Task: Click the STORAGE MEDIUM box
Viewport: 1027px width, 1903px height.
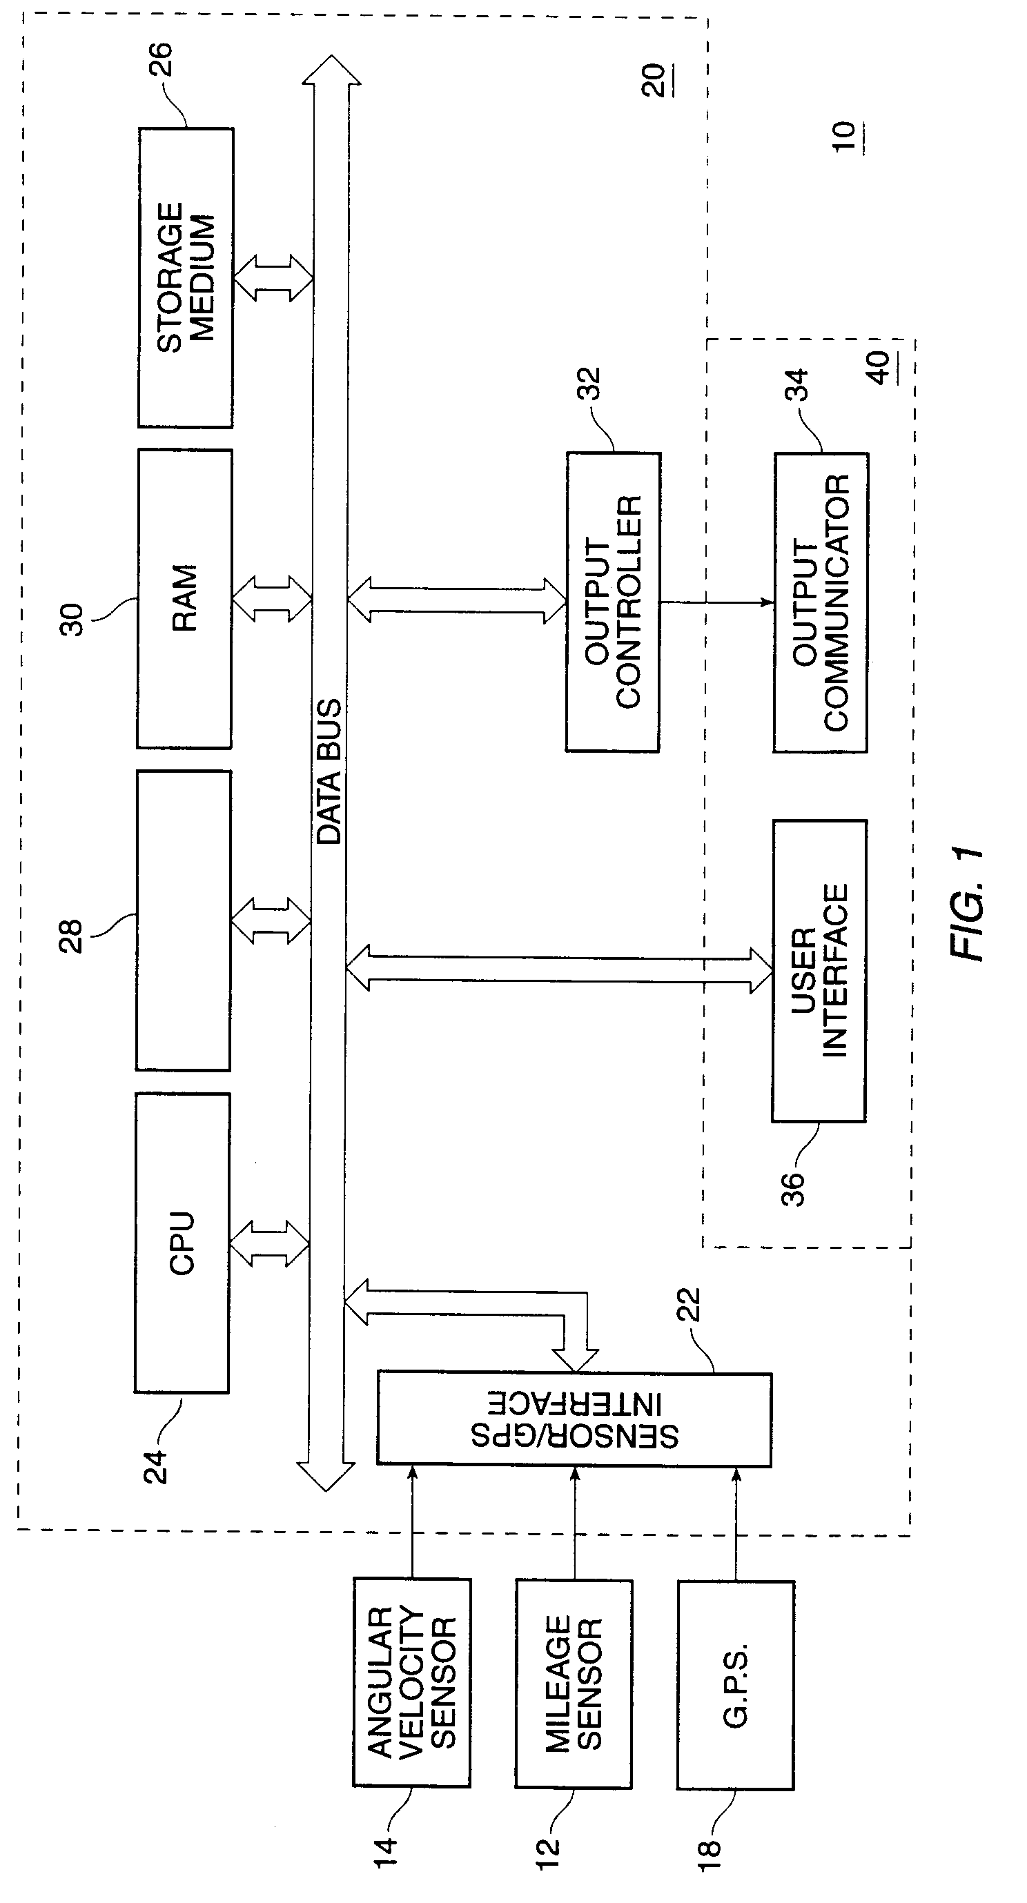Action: (186, 278)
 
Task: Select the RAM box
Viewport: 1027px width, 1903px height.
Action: (184, 598)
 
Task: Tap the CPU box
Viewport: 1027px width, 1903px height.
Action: (182, 1243)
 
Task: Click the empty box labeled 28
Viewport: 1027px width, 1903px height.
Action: (183, 920)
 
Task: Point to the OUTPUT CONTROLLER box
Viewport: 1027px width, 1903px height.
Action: (612, 602)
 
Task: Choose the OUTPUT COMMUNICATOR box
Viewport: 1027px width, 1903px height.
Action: (820, 603)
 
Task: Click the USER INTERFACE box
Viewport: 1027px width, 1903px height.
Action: (819, 971)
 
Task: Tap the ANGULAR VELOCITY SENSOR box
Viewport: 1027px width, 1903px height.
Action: (411, 1682)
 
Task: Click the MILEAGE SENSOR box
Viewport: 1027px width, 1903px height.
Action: (574, 1684)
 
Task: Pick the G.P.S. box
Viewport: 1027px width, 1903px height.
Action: (735, 1684)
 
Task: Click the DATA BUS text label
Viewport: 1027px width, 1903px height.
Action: (329, 771)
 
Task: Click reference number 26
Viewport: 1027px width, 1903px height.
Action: (161, 59)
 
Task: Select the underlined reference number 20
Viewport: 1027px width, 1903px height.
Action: (654, 79)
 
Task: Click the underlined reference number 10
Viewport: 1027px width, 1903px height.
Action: (845, 137)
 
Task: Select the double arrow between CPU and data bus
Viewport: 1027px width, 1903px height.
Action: (270, 1244)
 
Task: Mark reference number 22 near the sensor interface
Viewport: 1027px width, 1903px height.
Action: (688, 1305)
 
